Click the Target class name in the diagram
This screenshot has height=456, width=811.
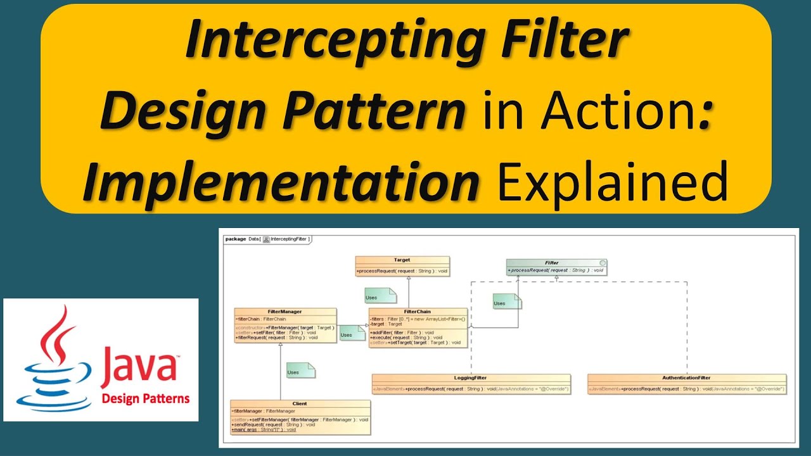pos(402,260)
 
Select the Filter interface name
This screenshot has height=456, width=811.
pos(551,262)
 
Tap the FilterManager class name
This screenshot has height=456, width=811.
pos(284,312)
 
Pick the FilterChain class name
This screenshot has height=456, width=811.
pos(418,312)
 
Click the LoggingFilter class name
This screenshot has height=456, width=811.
pos(471,377)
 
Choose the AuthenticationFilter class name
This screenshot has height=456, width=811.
pos(686,377)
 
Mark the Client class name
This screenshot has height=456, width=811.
pos(300,403)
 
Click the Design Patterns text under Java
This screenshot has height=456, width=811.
pos(146,399)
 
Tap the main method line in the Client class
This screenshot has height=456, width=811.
pos(264,429)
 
